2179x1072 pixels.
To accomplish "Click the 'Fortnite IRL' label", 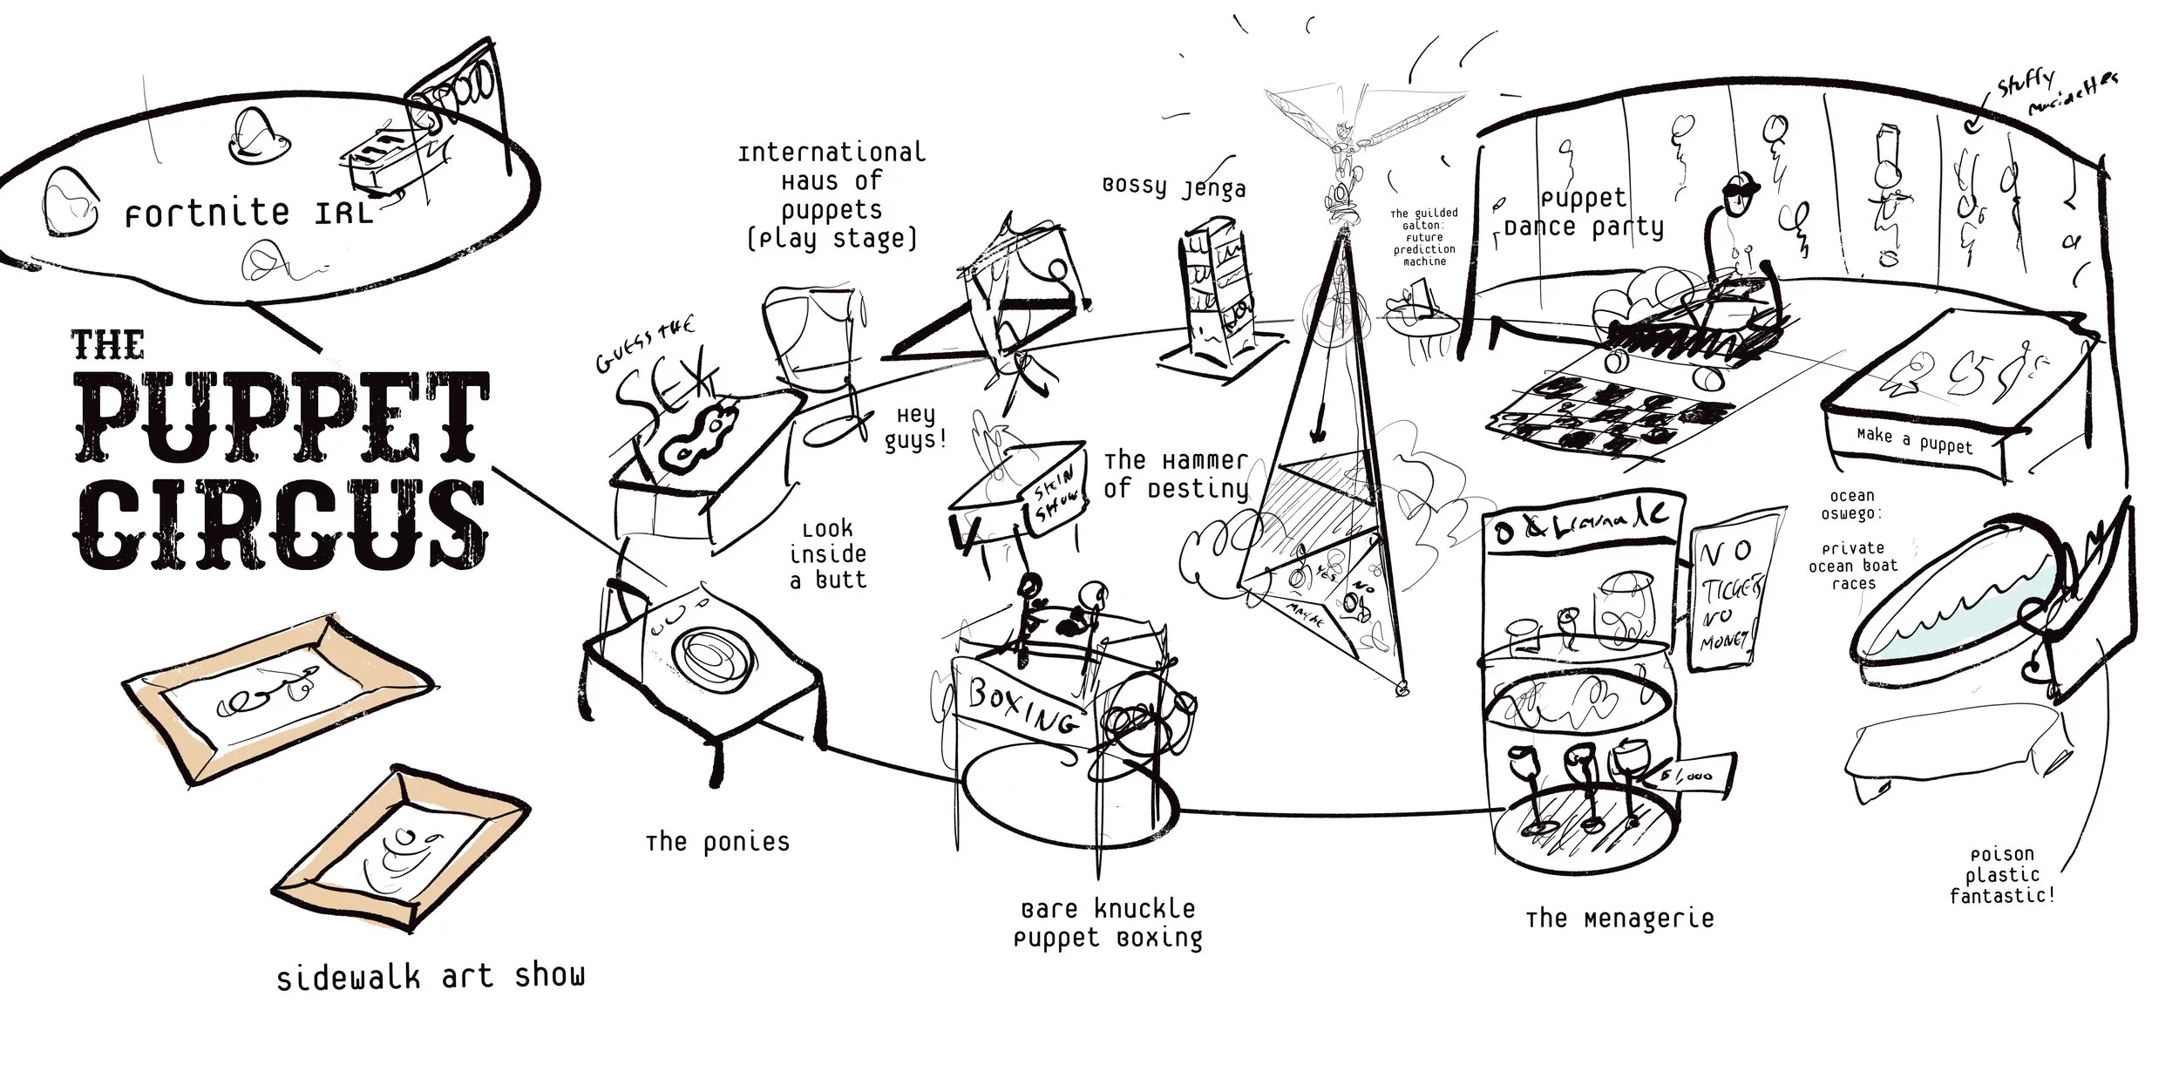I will [249, 212].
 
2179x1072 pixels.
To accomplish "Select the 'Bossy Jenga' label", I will [1174, 188].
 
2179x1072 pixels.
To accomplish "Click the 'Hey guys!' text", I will [916, 427].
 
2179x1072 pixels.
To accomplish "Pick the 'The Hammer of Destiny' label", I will [1177, 474].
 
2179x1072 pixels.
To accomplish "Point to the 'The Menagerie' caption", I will [1619, 919].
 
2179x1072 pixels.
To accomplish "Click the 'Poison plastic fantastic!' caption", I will [2001, 875].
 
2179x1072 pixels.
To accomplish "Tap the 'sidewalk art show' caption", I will [431, 976].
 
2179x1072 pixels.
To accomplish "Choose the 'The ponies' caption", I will [717, 842].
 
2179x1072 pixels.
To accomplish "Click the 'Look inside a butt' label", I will [828, 554].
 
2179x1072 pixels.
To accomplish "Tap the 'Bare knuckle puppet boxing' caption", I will [1108, 924].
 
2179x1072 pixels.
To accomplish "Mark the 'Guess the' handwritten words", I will [646, 345].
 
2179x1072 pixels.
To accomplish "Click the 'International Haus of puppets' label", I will [832, 195].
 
